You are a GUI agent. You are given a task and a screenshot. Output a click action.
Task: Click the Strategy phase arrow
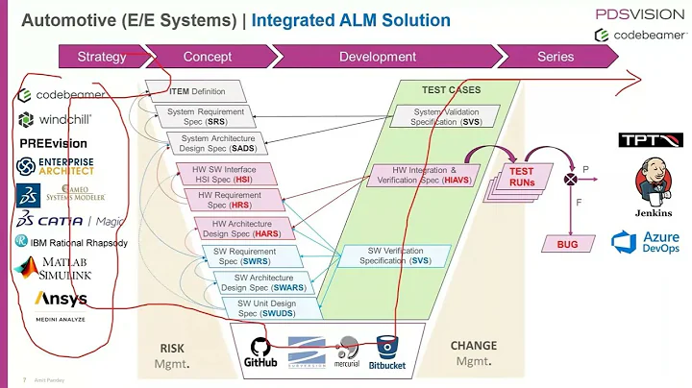point(102,57)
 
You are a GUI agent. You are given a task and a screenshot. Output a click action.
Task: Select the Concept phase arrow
point(207,57)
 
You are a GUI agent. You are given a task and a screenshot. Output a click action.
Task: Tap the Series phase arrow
point(555,57)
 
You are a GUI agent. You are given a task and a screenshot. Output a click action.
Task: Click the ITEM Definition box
point(198,91)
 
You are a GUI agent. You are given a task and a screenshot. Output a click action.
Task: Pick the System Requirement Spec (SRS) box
point(205,117)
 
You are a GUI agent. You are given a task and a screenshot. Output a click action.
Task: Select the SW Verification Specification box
point(394,255)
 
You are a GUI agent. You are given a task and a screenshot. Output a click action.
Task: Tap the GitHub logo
point(260,351)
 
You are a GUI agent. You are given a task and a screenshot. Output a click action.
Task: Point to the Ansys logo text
point(61,300)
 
